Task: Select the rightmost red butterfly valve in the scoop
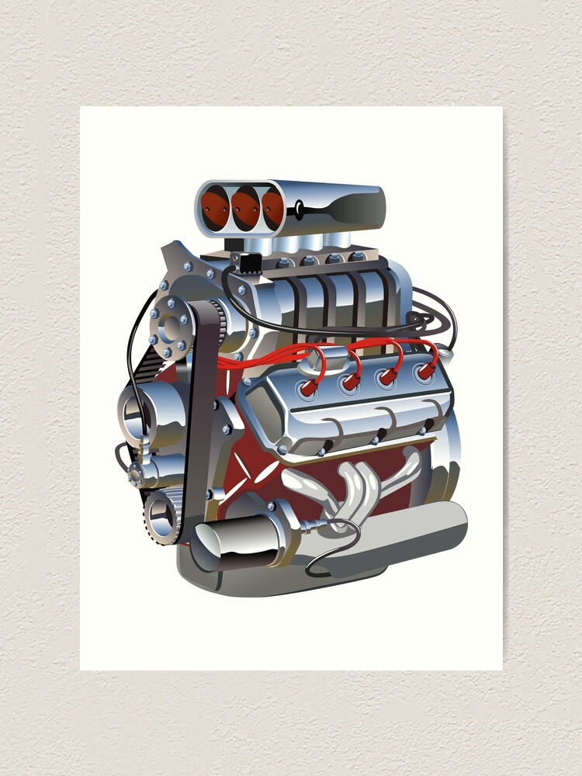pyautogui.click(x=272, y=208)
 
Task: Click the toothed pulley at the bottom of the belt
pyautogui.click(x=163, y=514)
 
